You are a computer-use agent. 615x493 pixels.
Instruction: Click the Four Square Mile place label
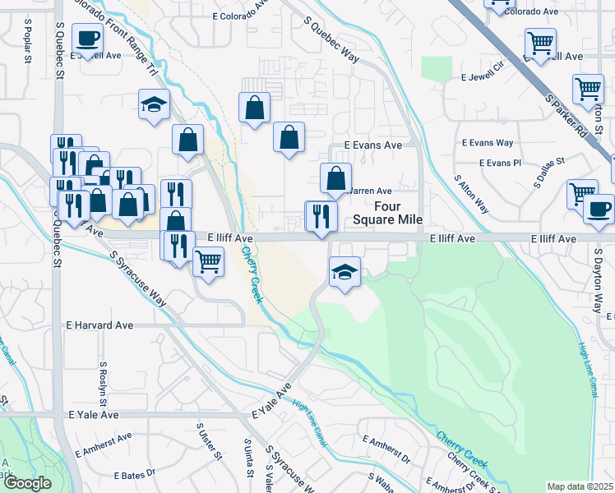[x=387, y=213]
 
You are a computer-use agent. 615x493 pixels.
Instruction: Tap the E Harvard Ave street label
[x=99, y=325]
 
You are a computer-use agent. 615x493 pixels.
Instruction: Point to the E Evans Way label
[x=488, y=143]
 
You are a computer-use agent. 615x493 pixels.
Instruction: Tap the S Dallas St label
[x=550, y=173]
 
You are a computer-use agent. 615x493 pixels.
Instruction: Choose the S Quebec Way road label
[x=332, y=39]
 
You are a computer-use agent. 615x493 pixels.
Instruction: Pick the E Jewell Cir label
[x=485, y=76]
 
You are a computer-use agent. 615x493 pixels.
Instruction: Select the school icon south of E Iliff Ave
[x=344, y=271]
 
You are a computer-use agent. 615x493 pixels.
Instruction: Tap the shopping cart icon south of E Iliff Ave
[x=208, y=262]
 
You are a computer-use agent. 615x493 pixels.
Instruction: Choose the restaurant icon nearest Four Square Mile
[x=321, y=215]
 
